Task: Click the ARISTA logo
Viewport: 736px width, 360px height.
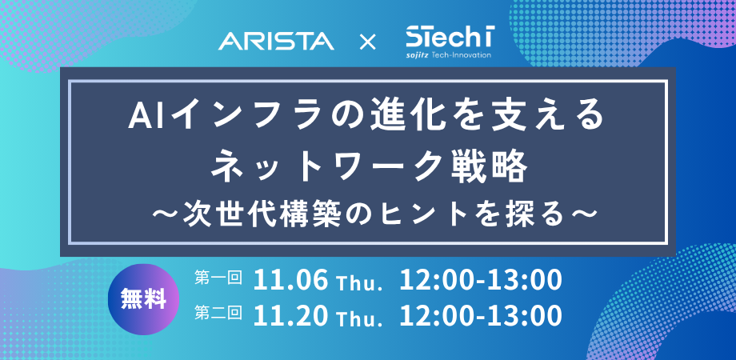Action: coord(276,42)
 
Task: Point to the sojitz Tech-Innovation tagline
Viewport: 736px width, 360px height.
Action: coord(449,55)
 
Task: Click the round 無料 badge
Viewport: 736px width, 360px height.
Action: coord(144,299)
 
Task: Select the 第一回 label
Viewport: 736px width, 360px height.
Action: coord(218,278)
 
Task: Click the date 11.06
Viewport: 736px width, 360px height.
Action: coord(290,281)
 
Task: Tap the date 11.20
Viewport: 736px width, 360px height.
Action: coord(290,317)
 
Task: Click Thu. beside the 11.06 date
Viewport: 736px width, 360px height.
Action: coord(358,283)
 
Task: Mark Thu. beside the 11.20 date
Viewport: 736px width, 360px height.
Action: coord(358,319)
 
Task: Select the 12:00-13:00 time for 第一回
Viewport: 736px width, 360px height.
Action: coord(481,281)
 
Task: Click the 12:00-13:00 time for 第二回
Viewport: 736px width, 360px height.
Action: coord(481,317)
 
